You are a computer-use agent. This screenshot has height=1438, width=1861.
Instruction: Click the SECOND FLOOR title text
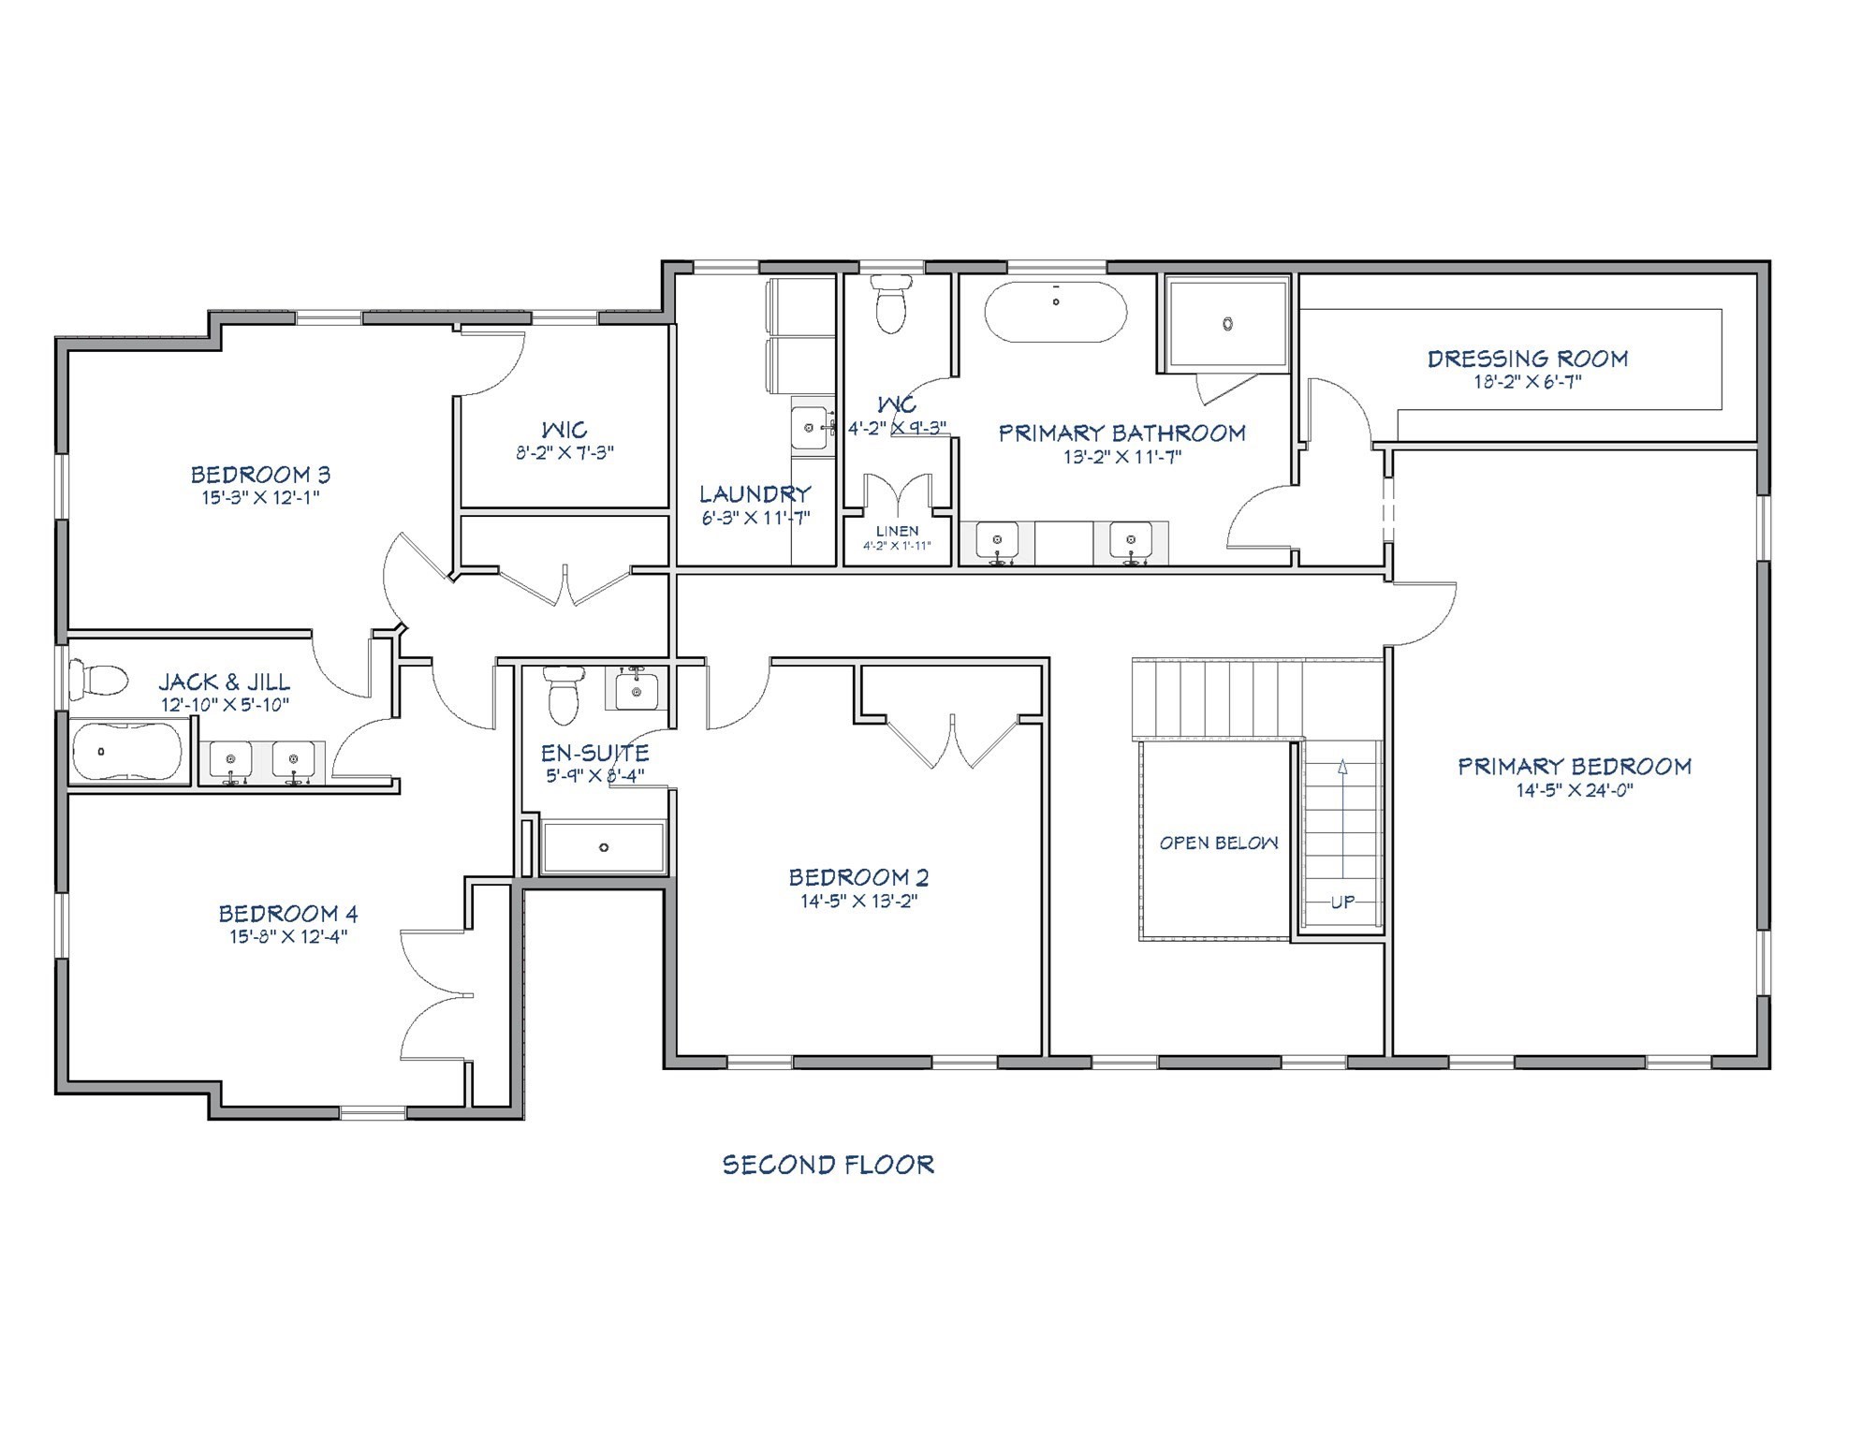tap(828, 1166)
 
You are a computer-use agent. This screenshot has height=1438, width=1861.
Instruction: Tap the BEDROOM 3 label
tap(260, 475)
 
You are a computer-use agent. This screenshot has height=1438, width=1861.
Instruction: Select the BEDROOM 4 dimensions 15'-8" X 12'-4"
tap(288, 937)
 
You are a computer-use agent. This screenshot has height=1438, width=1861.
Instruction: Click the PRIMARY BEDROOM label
tap(1575, 767)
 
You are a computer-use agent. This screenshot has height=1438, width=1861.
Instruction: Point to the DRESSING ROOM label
tap(1528, 359)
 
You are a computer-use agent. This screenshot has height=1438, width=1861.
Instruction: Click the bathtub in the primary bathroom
tap(1056, 313)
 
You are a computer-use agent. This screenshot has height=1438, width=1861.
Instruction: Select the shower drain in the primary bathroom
tap(1227, 324)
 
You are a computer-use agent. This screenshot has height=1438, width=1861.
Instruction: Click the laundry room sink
tap(811, 428)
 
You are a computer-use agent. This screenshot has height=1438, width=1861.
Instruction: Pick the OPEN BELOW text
tap(1219, 844)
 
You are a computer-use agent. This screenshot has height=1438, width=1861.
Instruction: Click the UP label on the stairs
tap(1343, 902)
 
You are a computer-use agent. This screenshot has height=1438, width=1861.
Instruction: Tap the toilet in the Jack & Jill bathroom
tap(98, 679)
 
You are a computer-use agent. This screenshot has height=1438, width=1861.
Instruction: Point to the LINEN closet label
tap(897, 531)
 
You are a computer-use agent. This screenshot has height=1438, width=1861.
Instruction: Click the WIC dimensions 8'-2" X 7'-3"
tap(564, 453)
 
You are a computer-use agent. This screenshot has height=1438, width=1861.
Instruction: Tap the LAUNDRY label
tap(755, 494)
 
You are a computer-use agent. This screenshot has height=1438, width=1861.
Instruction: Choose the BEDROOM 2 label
tap(858, 878)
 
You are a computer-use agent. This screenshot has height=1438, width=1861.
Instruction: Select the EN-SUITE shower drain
tap(604, 847)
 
